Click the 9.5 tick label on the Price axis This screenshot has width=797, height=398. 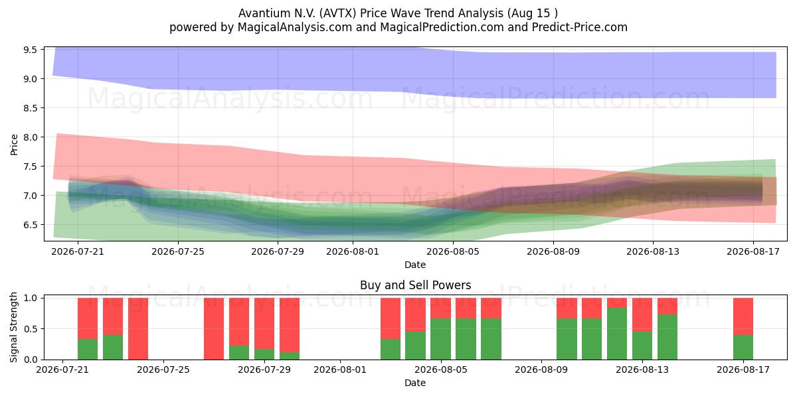click(31, 49)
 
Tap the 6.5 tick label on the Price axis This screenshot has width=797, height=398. click(31, 225)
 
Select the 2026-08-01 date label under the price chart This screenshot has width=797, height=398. click(353, 251)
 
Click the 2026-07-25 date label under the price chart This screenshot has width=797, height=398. click(178, 251)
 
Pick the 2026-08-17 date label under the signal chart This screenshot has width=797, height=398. click(743, 369)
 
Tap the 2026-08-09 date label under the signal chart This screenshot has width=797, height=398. click(541, 369)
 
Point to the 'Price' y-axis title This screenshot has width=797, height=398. click(14, 145)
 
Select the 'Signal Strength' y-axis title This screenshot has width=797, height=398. click(13, 327)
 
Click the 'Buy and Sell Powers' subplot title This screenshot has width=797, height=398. click(415, 285)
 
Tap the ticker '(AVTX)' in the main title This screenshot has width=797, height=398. click(337, 13)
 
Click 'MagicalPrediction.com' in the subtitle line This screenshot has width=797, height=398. click(442, 27)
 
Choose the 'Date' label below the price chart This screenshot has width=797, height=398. click(415, 265)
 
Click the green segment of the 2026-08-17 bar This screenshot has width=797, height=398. click(743, 347)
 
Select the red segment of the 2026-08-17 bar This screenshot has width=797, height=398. click(743, 316)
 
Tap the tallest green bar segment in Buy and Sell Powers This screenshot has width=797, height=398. click(617, 334)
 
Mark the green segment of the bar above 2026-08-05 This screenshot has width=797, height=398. click(440, 339)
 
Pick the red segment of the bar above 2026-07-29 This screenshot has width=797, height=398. click(264, 324)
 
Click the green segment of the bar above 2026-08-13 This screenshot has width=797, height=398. click(642, 346)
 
